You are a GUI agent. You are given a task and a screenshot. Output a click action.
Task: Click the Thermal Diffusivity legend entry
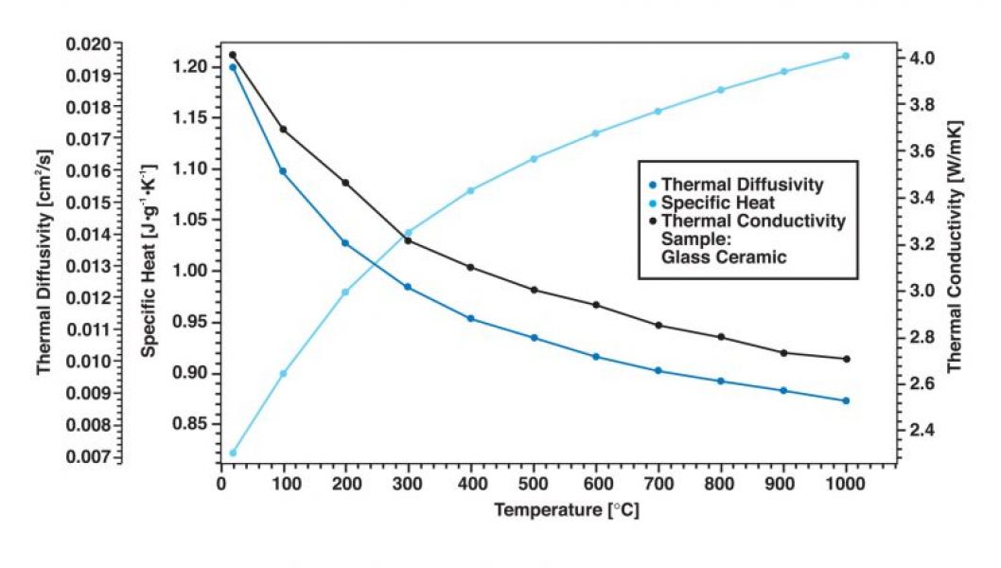click(x=742, y=184)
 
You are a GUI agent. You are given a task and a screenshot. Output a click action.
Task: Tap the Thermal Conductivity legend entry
click(x=753, y=221)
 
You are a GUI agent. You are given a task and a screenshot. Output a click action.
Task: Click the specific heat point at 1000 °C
click(x=846, y=56)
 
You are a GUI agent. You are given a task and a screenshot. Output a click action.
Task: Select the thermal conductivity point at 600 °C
click(x=596, y=305)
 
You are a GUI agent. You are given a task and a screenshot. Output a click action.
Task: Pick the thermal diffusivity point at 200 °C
click(x=345, y=243)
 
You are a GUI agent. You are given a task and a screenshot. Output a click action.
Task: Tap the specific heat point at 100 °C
click(x=283, y=373)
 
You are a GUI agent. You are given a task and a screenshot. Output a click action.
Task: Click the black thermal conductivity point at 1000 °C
click(x=846, y=359)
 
